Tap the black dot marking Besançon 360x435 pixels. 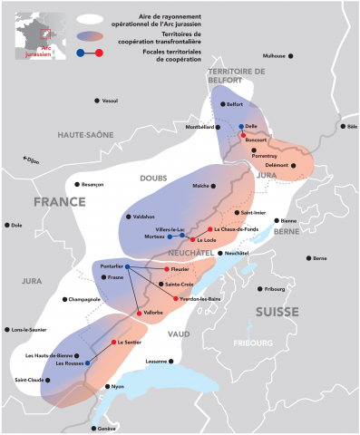click(76, 184)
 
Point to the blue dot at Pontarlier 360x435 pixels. click(127, 266)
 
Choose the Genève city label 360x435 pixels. click(108, 428)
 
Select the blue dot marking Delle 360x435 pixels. click(240, 127)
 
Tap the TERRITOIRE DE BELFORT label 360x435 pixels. click(236, 75)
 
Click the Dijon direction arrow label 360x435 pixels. click(32, 160)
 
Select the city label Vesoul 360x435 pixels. click(112, 100)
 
